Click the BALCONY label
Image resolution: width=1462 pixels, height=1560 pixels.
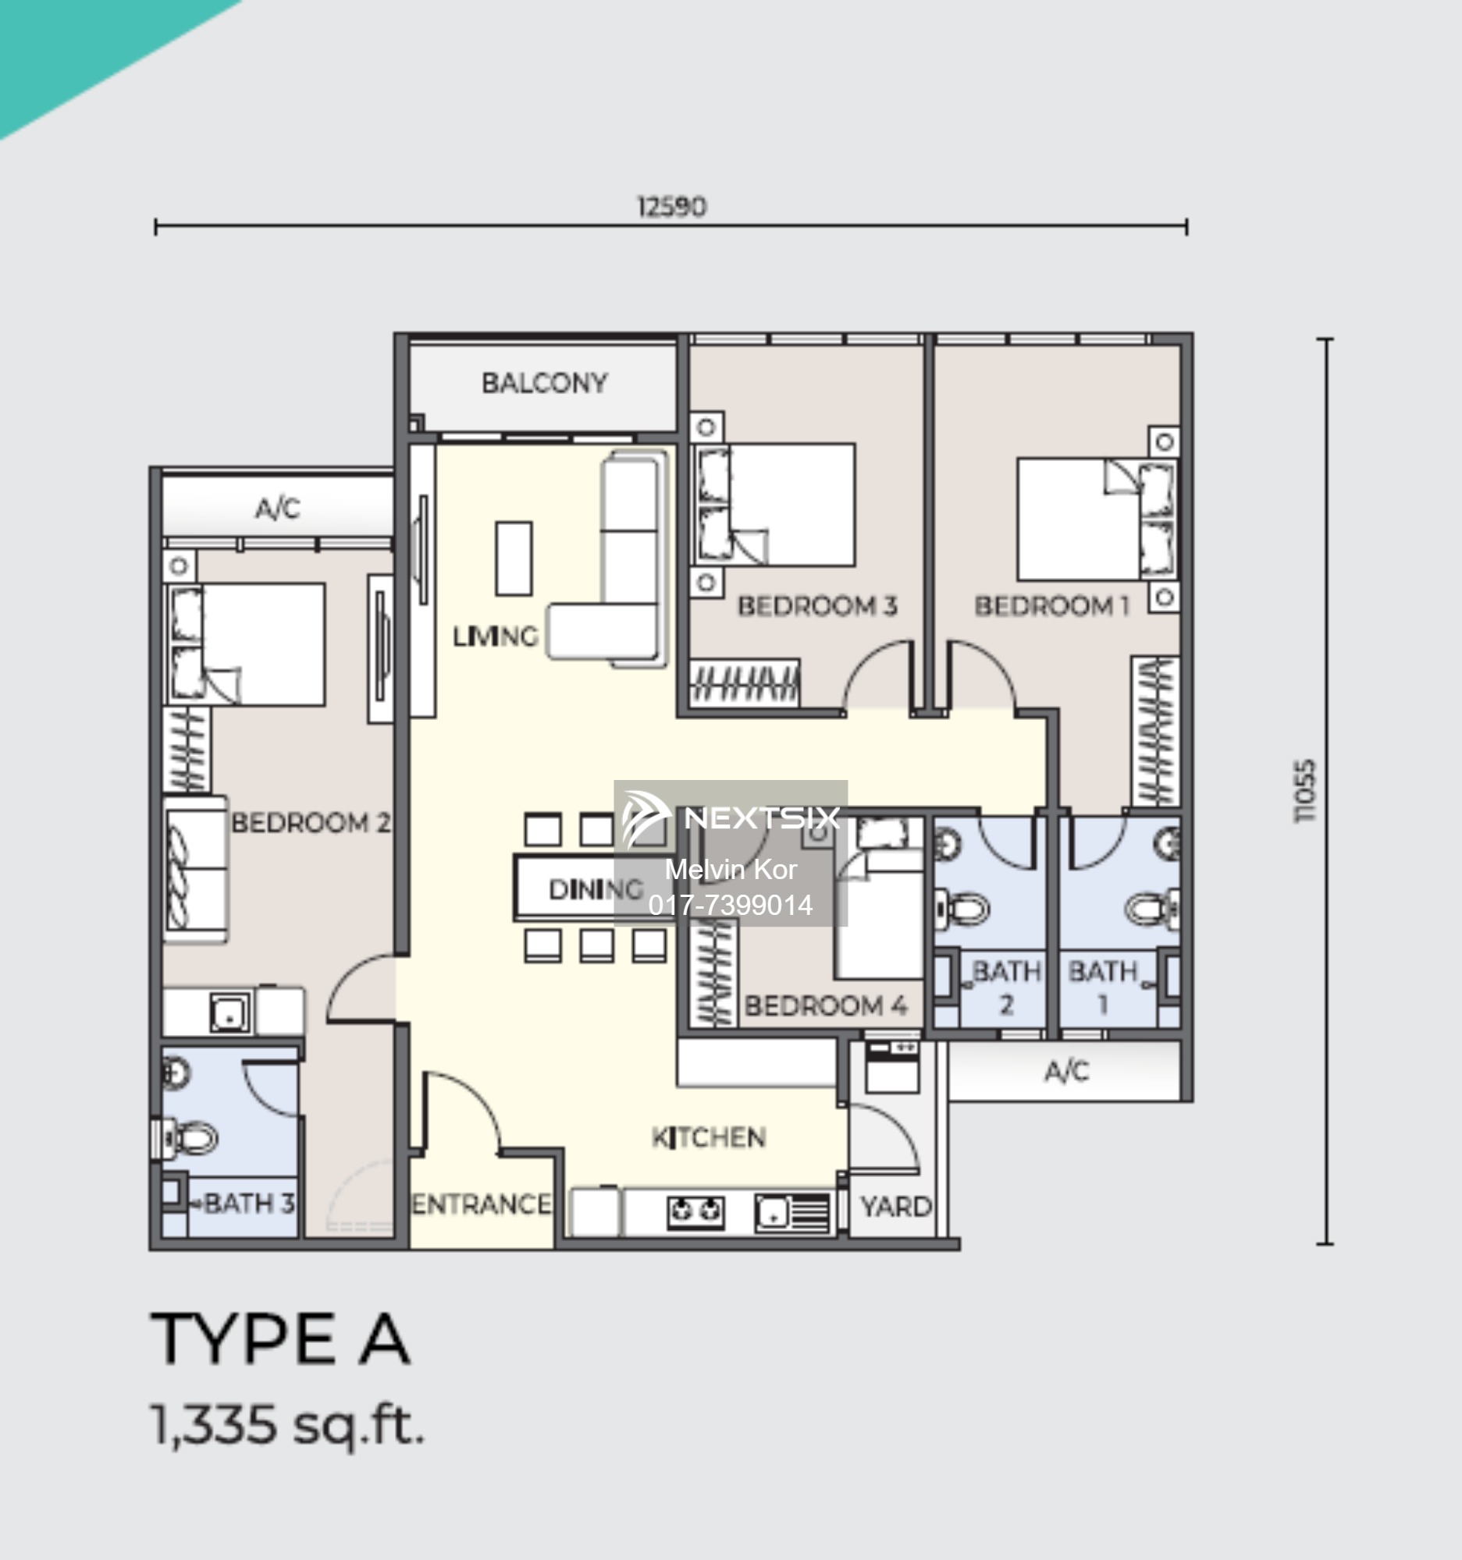tap(544, 383)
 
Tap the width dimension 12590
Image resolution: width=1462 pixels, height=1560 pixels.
tap(671, 207)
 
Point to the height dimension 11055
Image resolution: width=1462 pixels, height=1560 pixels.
tap(1304, 791)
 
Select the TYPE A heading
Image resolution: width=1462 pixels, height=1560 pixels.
tap(280, 1339)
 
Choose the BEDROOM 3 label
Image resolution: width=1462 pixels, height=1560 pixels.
tap(817, 606)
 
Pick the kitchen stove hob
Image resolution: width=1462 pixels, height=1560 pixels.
tap(695, 1211)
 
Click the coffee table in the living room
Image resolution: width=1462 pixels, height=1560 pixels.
tap(514, 558)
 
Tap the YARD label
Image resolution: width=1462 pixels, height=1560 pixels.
tap(896, 1207)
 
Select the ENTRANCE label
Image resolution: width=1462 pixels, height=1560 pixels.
tap(482, 1204)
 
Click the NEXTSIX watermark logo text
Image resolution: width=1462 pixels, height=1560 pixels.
tap(762, 818)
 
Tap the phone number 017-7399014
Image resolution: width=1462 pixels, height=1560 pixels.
tap(730, 906)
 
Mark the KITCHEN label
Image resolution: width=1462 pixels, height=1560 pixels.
tap(709, 1138)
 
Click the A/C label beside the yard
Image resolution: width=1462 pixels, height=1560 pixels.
tap(1066, 1071)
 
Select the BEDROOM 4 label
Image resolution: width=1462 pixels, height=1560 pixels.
tap(825, 1006)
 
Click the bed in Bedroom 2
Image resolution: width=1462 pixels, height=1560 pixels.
tap(245, 644)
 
